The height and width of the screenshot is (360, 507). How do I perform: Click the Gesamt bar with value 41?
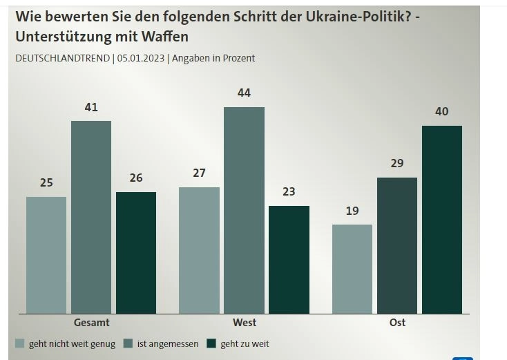click(x=91, y=217)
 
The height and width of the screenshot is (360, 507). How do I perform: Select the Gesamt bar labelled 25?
click(x=46, y=255)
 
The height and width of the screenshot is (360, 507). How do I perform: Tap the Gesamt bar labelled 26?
click(x=136, y=252)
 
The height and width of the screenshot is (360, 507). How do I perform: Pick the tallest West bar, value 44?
click(x=244, y=210)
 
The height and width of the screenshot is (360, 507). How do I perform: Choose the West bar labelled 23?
click(x=289, y=259)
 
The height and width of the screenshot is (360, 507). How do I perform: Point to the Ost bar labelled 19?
click(x=352, y=269)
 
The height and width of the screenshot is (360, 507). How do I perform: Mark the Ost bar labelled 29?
click(x=397, y=245)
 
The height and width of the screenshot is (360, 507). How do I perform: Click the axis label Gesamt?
click(x=91, y=323)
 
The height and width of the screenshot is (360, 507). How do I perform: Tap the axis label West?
click(x=245, y=323)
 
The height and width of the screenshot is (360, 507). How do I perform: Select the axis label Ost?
click(x=397, y=323)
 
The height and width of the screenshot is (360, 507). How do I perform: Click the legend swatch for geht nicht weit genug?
click(x=20, y=343)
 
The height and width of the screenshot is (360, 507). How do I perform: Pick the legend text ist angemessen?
click(x=168, y=343)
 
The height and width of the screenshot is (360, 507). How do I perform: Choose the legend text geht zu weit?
click(x=245, y=343)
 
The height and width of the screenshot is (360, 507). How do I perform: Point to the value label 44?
click(x=244, y=93)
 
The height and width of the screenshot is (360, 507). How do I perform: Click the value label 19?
click(x=352, y=211)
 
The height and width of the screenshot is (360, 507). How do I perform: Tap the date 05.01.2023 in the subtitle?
click(x=141, y=58)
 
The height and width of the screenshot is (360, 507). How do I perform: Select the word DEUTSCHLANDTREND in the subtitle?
click(x=63, y=58)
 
